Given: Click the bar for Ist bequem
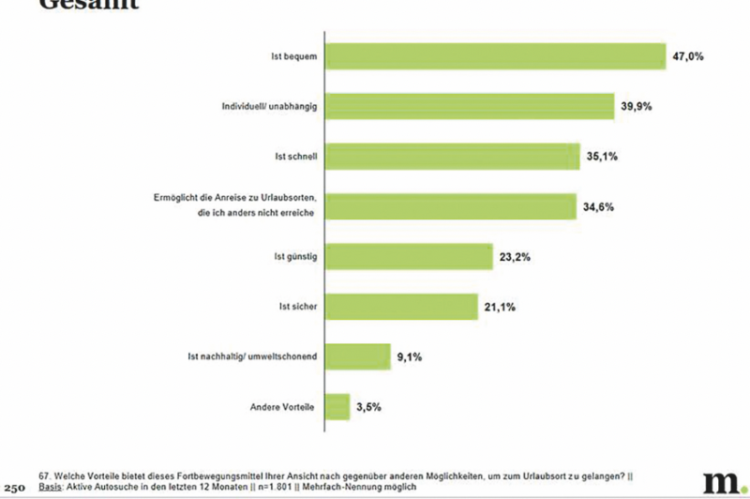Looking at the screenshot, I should click(494, 57).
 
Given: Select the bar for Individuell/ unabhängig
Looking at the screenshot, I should click(468, 106).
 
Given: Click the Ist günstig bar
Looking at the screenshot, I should click(408, 256).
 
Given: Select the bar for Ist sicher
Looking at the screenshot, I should click(400, 306).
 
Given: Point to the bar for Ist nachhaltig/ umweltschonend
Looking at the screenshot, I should click(356, 356).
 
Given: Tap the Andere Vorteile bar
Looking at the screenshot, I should click(337, 407).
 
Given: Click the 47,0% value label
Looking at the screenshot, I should click(688, 57).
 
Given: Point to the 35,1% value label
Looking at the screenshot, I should click(603, 156).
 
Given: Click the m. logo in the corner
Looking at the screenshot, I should click(721, 479).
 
